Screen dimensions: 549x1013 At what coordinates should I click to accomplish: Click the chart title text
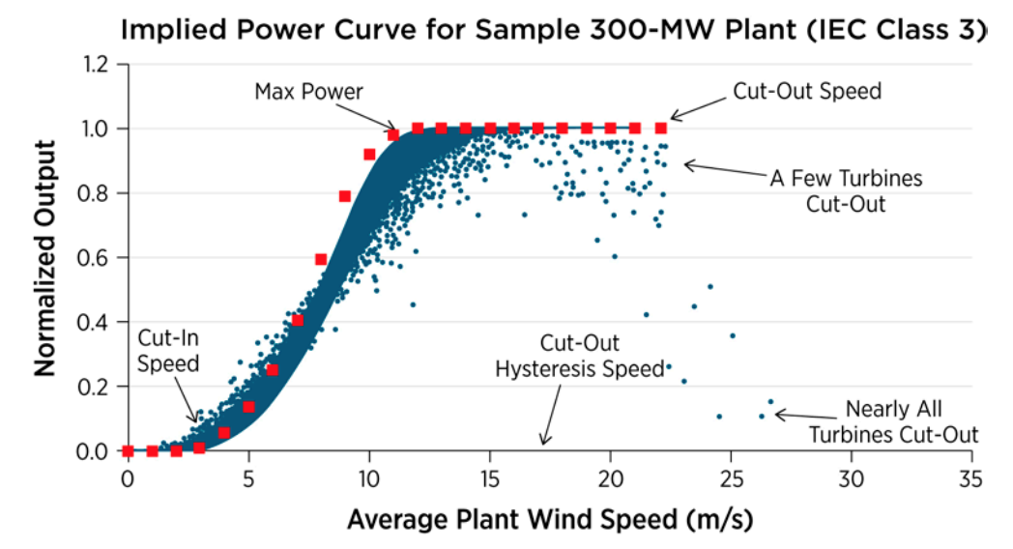[554, 31]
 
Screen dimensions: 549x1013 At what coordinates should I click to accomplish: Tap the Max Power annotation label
[308, 92]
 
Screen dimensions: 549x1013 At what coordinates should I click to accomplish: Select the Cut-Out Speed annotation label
[806, 92]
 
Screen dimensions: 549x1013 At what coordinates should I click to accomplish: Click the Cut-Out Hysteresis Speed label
[580, 356]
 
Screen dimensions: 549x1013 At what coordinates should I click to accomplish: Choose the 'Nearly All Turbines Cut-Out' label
[893, 421]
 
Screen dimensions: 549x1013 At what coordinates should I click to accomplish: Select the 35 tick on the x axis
[970, 478]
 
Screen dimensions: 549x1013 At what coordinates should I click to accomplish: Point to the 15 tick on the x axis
[489, 478]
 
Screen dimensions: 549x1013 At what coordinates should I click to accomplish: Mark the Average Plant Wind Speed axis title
[549, 519]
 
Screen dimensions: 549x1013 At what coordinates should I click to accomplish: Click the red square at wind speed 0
[129, 450]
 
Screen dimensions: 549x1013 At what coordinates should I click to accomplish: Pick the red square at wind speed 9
[345, 196]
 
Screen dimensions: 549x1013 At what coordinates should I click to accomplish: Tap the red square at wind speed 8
[321, 259]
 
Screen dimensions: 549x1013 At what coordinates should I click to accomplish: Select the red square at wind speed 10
[369, 155]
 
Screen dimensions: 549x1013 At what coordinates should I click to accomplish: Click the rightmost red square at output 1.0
[661, 128]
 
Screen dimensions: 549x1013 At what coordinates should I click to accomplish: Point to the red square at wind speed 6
[273, 370]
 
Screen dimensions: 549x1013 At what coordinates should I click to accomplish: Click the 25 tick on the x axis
[730, 478]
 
